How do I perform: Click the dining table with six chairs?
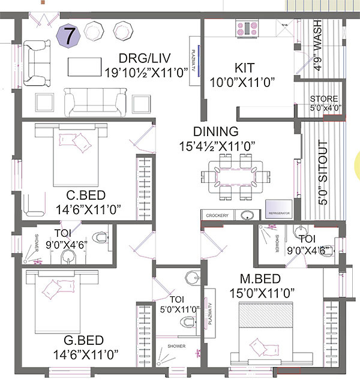[x=234, y=176]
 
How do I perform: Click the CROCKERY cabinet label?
[x=217, y=215]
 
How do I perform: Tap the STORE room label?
[x=323, y=99]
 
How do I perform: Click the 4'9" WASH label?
[x=317, y=47]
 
